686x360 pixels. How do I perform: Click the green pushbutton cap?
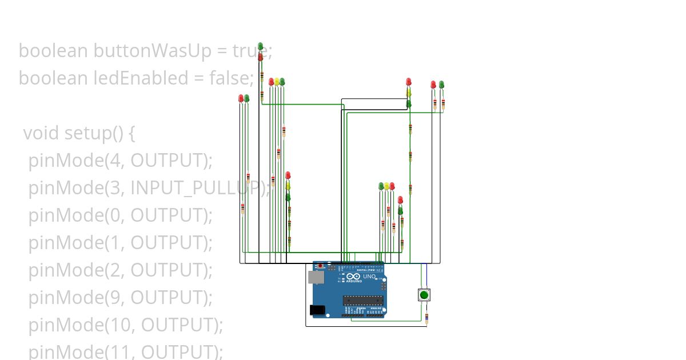pos(424,295)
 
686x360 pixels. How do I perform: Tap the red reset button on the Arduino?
pos(320,266)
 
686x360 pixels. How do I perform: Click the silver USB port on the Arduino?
pos(314,277)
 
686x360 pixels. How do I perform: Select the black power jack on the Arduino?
pos(317,310)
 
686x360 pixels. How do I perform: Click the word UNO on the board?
pos(369,277)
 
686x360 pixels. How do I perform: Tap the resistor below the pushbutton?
pos(426,317)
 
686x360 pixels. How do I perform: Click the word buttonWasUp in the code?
pos(151,51)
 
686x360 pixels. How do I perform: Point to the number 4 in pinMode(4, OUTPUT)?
pos(111,161)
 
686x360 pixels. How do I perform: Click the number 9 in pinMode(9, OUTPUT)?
pos(111,298)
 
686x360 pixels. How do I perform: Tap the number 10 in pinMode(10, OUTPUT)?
pos(116,325)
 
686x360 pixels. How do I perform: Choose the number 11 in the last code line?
pos(115,352)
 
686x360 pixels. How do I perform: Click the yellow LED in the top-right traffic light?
pos(409,92)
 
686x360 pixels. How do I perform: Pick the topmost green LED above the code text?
pos(260,46)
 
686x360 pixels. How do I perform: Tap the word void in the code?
pos(41,133)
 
